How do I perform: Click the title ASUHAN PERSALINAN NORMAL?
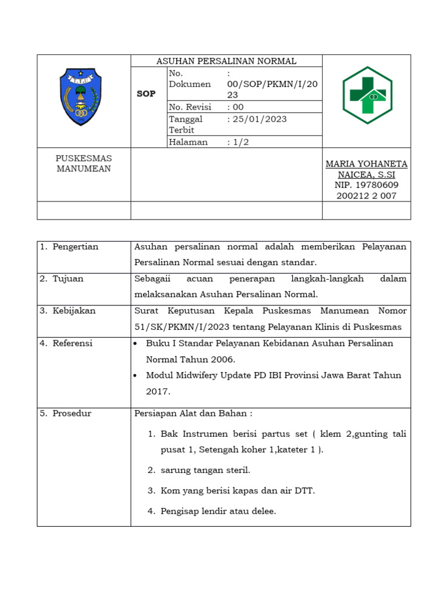(226, 61)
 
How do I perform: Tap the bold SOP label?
(146, 93)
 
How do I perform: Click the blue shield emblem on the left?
(81, 96)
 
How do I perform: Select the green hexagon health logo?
(367, 95)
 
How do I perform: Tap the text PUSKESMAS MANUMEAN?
(83, 164)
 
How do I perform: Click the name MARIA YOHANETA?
(366, 164)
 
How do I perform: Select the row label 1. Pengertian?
(69, 247)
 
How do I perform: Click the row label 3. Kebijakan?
(68, 311)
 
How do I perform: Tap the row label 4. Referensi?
(66, 343)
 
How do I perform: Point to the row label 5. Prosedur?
(65, 413)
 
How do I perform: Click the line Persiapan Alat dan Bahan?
(193, 413)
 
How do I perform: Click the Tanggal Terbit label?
(185, 124)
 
